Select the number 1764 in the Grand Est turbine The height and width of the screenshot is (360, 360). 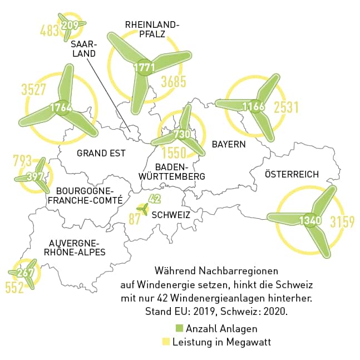pos(61,107)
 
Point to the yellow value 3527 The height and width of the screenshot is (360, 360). pos(33,90)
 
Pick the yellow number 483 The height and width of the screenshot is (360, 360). pos(50,30)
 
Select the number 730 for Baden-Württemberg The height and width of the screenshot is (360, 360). pos(182,134)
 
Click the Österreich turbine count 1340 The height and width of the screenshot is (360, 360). pos(310,220)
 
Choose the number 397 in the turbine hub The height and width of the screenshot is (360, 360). pos(35,177)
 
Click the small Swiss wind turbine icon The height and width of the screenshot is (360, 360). pos(144,210)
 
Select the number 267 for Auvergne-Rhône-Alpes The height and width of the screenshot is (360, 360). pos(26,273)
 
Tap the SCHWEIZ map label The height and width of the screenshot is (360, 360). pos(171,215)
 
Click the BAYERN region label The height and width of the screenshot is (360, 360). pos(229,144)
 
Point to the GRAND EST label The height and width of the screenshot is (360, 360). pos(101,153)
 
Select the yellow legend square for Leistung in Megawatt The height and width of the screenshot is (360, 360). pos(165,342)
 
